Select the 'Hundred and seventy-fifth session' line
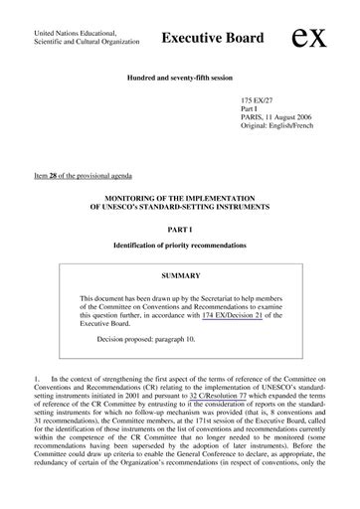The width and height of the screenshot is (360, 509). (x=179, y=77)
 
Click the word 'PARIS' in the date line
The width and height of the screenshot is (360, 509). (x=251, y=122)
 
